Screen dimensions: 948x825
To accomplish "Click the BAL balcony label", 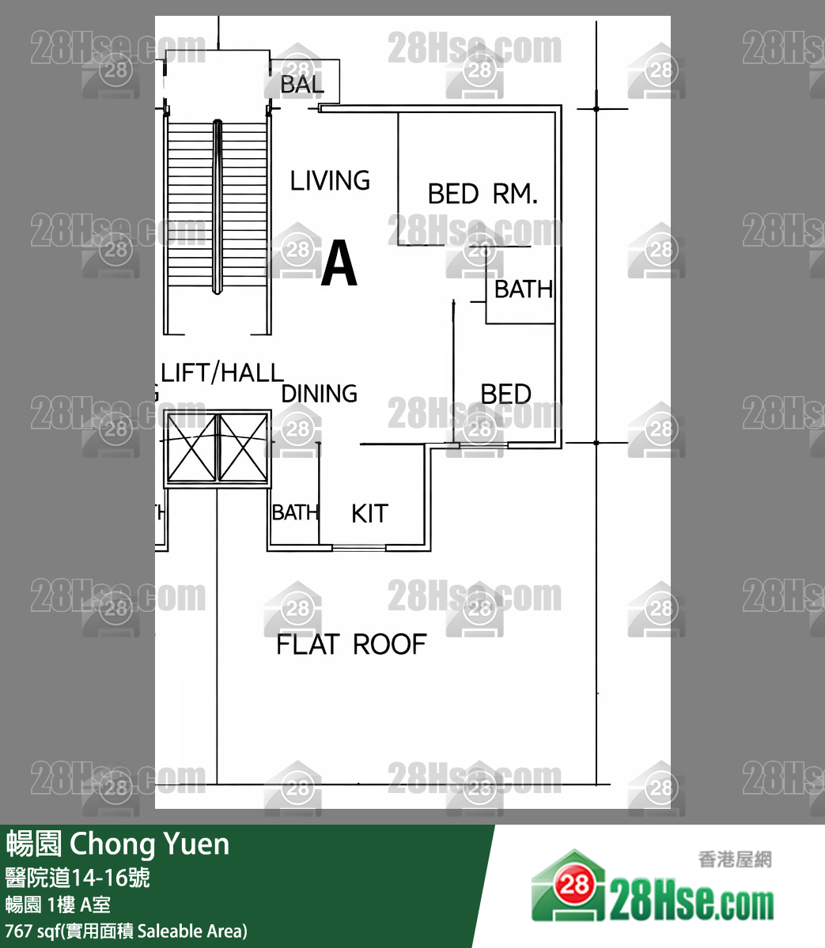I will pyautogui.click(x=301, y=85).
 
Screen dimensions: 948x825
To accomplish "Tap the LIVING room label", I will pyautogui.click(x=330, y=181).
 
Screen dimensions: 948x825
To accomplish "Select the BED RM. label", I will pyautogui.click(x=482, y=194).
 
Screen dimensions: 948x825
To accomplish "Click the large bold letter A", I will pyautogui.click(x=339, y=264).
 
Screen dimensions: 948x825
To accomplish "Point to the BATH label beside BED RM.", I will pyautogui.click(x=523, y=289).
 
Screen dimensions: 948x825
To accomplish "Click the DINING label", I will pyautogui.click(x=320, y=393).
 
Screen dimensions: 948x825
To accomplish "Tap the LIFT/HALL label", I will pyautogui.click(x=221, y=372).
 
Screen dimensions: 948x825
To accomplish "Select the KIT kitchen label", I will pyautogui.click(x=369, y=514).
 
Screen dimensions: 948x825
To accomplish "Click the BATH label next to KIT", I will pyautogui.click(x=295, y=513).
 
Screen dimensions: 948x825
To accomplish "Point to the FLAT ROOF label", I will pyautogui.click(x=350, y=644).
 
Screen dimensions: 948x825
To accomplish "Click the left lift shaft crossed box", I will pyautogui.click(x=191, y=448).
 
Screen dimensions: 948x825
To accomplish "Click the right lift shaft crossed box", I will pyautogui.click(x=243, y=448).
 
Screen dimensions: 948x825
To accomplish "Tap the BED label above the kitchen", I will pyautogui.click(x=505, y=394).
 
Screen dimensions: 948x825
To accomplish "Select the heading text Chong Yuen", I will pyautogui.click(x=149, y=844).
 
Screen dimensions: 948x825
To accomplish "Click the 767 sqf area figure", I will pyautogui.click(x=32, y=931).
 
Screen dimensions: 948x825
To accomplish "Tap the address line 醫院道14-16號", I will pyautogui.click(x=78, y=878).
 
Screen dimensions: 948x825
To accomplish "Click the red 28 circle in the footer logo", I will pyautogui.click(x=575, y=884).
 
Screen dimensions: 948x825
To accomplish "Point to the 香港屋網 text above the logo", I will pyautogui.click(x=735, y=859).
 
